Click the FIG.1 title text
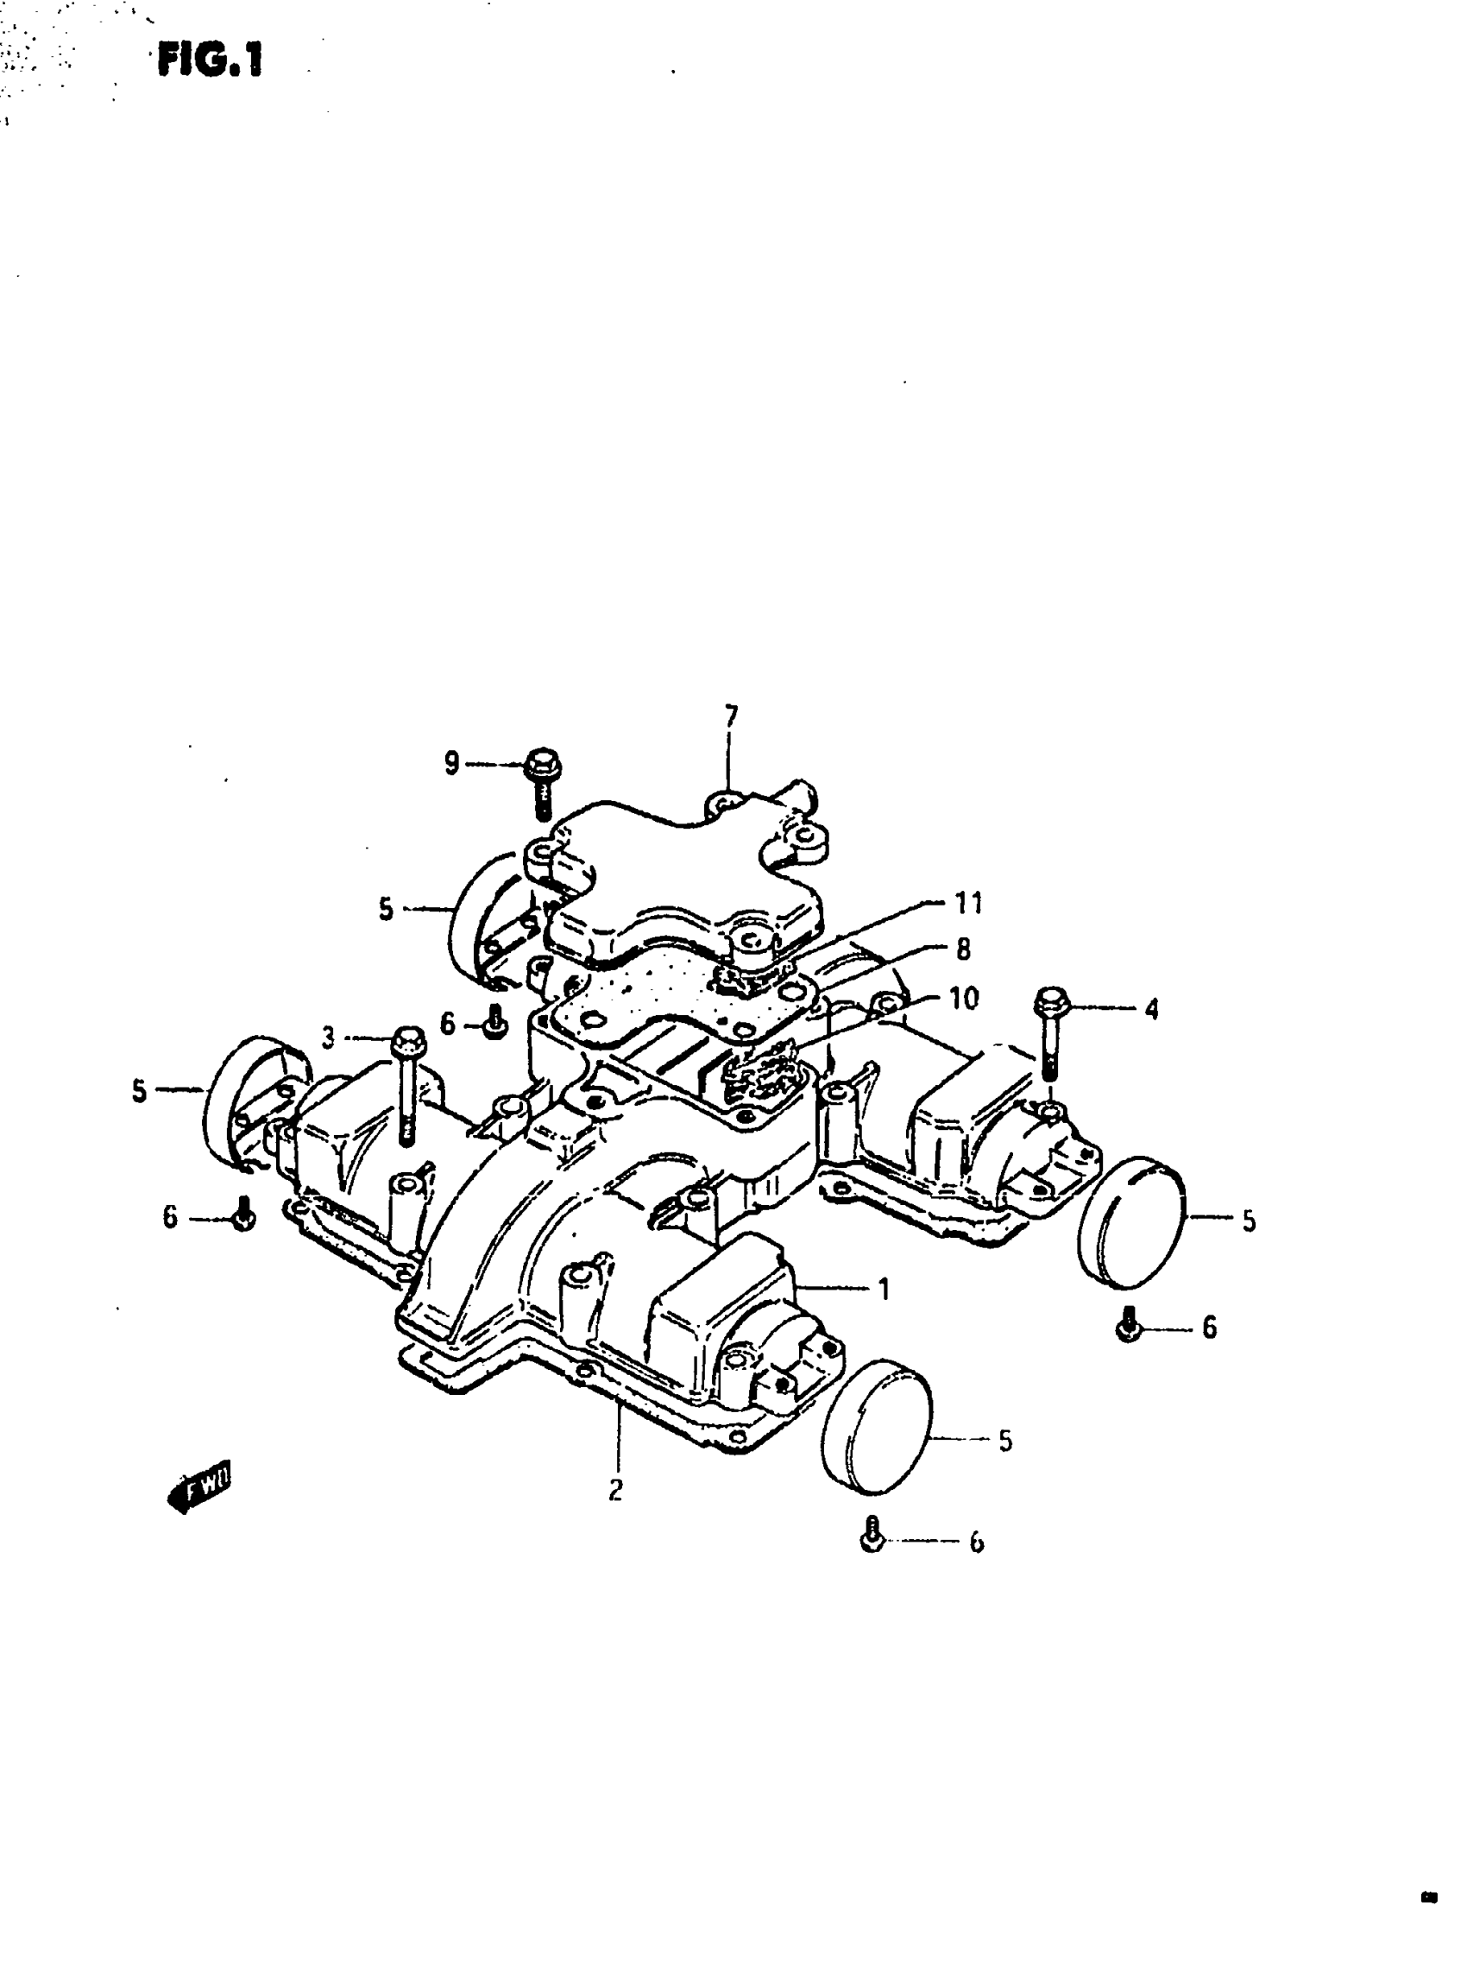coord(211,61)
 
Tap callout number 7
coord(731,716)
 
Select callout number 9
coord(452,763)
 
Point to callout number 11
coord(967,904)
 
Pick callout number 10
coord(964,999)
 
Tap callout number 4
coord(1151,1009)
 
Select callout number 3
coord(329,1038)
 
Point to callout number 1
coord(884,1289)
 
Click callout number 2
coord(615,1490)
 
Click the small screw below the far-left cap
coord(244,1214)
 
